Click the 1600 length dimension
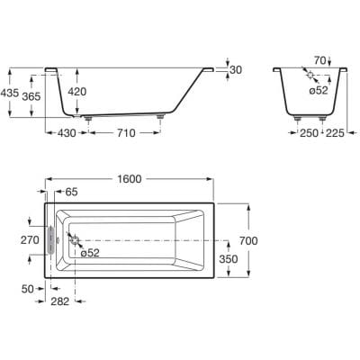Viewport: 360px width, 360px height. coord(130,179)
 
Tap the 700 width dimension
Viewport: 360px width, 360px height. coord(248,240)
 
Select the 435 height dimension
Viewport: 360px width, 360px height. coord(9,93)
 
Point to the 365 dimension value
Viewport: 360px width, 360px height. coord(31,96)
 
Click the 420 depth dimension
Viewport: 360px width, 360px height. coord(77,92)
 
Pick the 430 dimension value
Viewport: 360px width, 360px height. coord(67,133)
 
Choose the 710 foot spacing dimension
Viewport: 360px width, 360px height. coord(126,133)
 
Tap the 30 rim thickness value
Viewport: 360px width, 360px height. coord(236,70)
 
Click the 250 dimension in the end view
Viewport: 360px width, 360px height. coord(309,133)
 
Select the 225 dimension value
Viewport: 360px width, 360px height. coord(335,133)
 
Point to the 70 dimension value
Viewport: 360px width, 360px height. coord(320,60)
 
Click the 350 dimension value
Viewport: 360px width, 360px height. coord(229,259)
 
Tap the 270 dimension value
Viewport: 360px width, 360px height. coord(30,240)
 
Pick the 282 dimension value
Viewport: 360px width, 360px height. coord(60,301)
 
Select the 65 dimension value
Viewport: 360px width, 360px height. coord(72,192)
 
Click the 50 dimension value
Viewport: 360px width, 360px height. coord(28,289)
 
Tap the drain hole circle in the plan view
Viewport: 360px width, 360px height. coord(75,240)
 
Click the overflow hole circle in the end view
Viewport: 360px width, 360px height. coord(310,75)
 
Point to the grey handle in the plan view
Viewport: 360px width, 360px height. coord(51,240)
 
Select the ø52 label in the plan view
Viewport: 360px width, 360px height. coord(90,253)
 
